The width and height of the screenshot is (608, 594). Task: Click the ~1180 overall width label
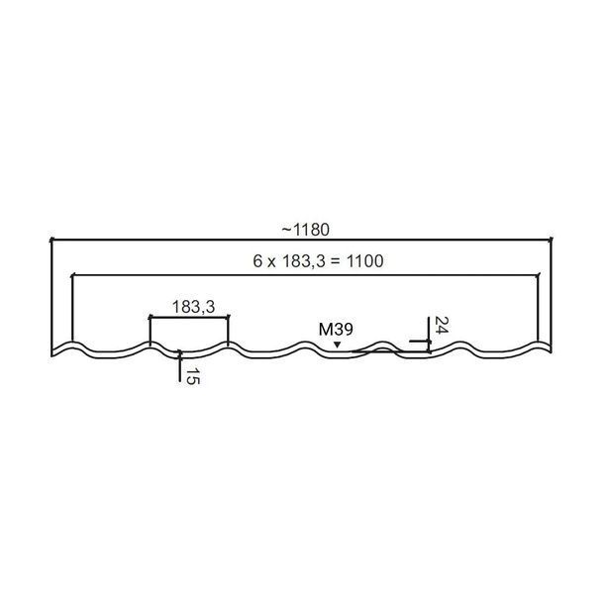(x=306, y=230)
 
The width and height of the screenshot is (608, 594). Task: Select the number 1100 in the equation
(x=364, y=261)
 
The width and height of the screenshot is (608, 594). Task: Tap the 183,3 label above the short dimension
(x=193, y=307)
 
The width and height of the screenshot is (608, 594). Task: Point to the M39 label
(x=336, y=330)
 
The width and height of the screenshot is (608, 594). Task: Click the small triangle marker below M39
(x=338, y=345)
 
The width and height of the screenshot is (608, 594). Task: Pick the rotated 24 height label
(x=442, y=325)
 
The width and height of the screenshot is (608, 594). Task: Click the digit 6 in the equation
(x=257, y=261)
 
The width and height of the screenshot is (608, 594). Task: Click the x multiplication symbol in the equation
(x=271, y=263)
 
